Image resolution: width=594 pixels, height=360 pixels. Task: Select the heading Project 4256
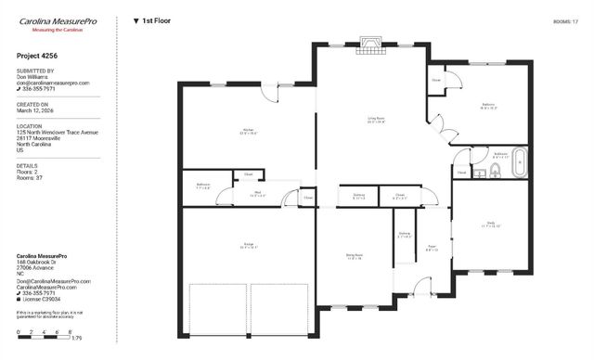(38, 56)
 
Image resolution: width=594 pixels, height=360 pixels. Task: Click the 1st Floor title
(157, 19)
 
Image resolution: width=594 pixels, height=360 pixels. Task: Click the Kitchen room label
(248, 131)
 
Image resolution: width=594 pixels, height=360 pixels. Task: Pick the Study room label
(489, 224)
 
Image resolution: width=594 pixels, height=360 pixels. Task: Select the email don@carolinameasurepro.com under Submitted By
(53, 83)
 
